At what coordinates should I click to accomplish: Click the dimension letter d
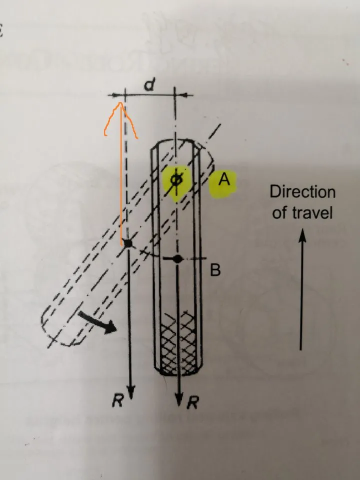tap(149, 84)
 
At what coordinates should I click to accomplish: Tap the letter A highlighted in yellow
tap(224, 179)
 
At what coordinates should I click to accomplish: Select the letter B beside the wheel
tap(215, 269)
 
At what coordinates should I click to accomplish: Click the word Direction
tap(302, 192)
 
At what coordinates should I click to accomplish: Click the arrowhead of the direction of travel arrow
tap(302, 235)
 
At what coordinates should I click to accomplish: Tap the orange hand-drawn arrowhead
tap(120, 119)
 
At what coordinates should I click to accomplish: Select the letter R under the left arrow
tap(117, 400)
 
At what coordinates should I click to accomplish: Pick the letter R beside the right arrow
tap(193, 402)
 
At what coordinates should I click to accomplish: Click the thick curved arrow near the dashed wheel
tap(97, 321)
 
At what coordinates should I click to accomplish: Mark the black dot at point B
tap(177, 259)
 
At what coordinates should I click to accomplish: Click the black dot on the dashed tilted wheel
tap(127, 243)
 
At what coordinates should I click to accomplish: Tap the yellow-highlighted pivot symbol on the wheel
tap(176, 181)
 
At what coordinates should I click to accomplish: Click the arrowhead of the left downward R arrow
tap(131, 392)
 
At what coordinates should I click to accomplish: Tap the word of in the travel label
tap(279, 212)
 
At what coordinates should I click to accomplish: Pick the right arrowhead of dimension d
tap(184, 95)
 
